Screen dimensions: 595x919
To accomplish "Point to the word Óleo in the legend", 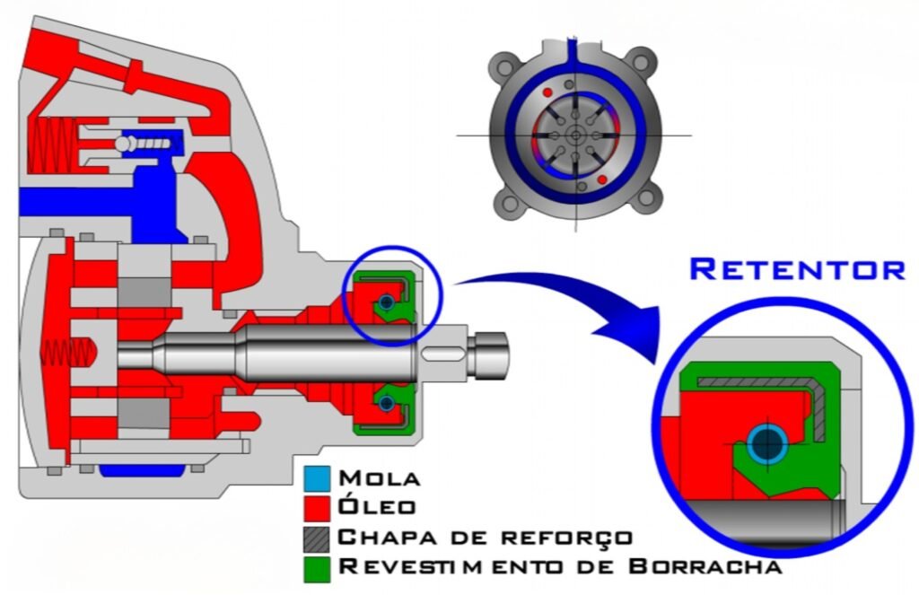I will (x=378, y=507).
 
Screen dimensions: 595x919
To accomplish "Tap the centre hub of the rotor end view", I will (x=575, y=135).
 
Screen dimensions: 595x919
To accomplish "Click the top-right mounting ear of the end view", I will (x=640, y=65).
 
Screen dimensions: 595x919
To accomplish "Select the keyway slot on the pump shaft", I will (x=442, y=353).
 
